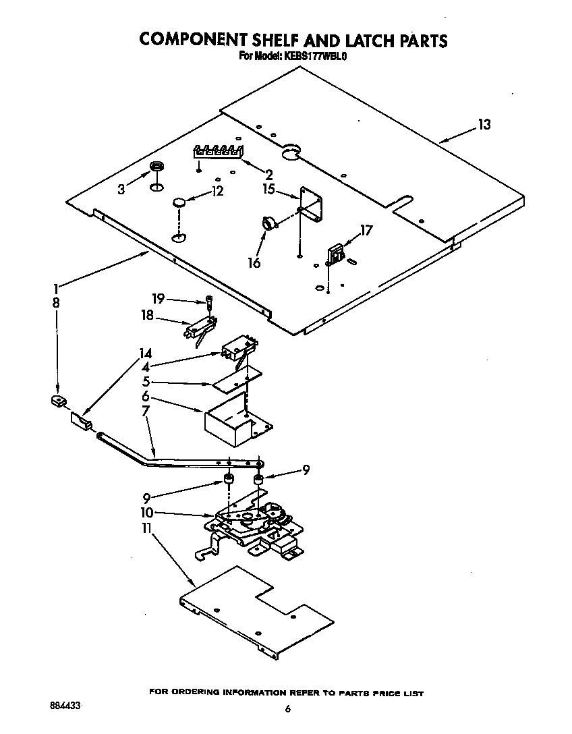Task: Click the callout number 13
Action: [484, 124]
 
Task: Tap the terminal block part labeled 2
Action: [218, 151]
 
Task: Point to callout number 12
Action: [217, 191]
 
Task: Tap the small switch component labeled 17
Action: [336, 255]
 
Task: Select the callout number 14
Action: [145, 354]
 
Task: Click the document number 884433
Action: [65, 705]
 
